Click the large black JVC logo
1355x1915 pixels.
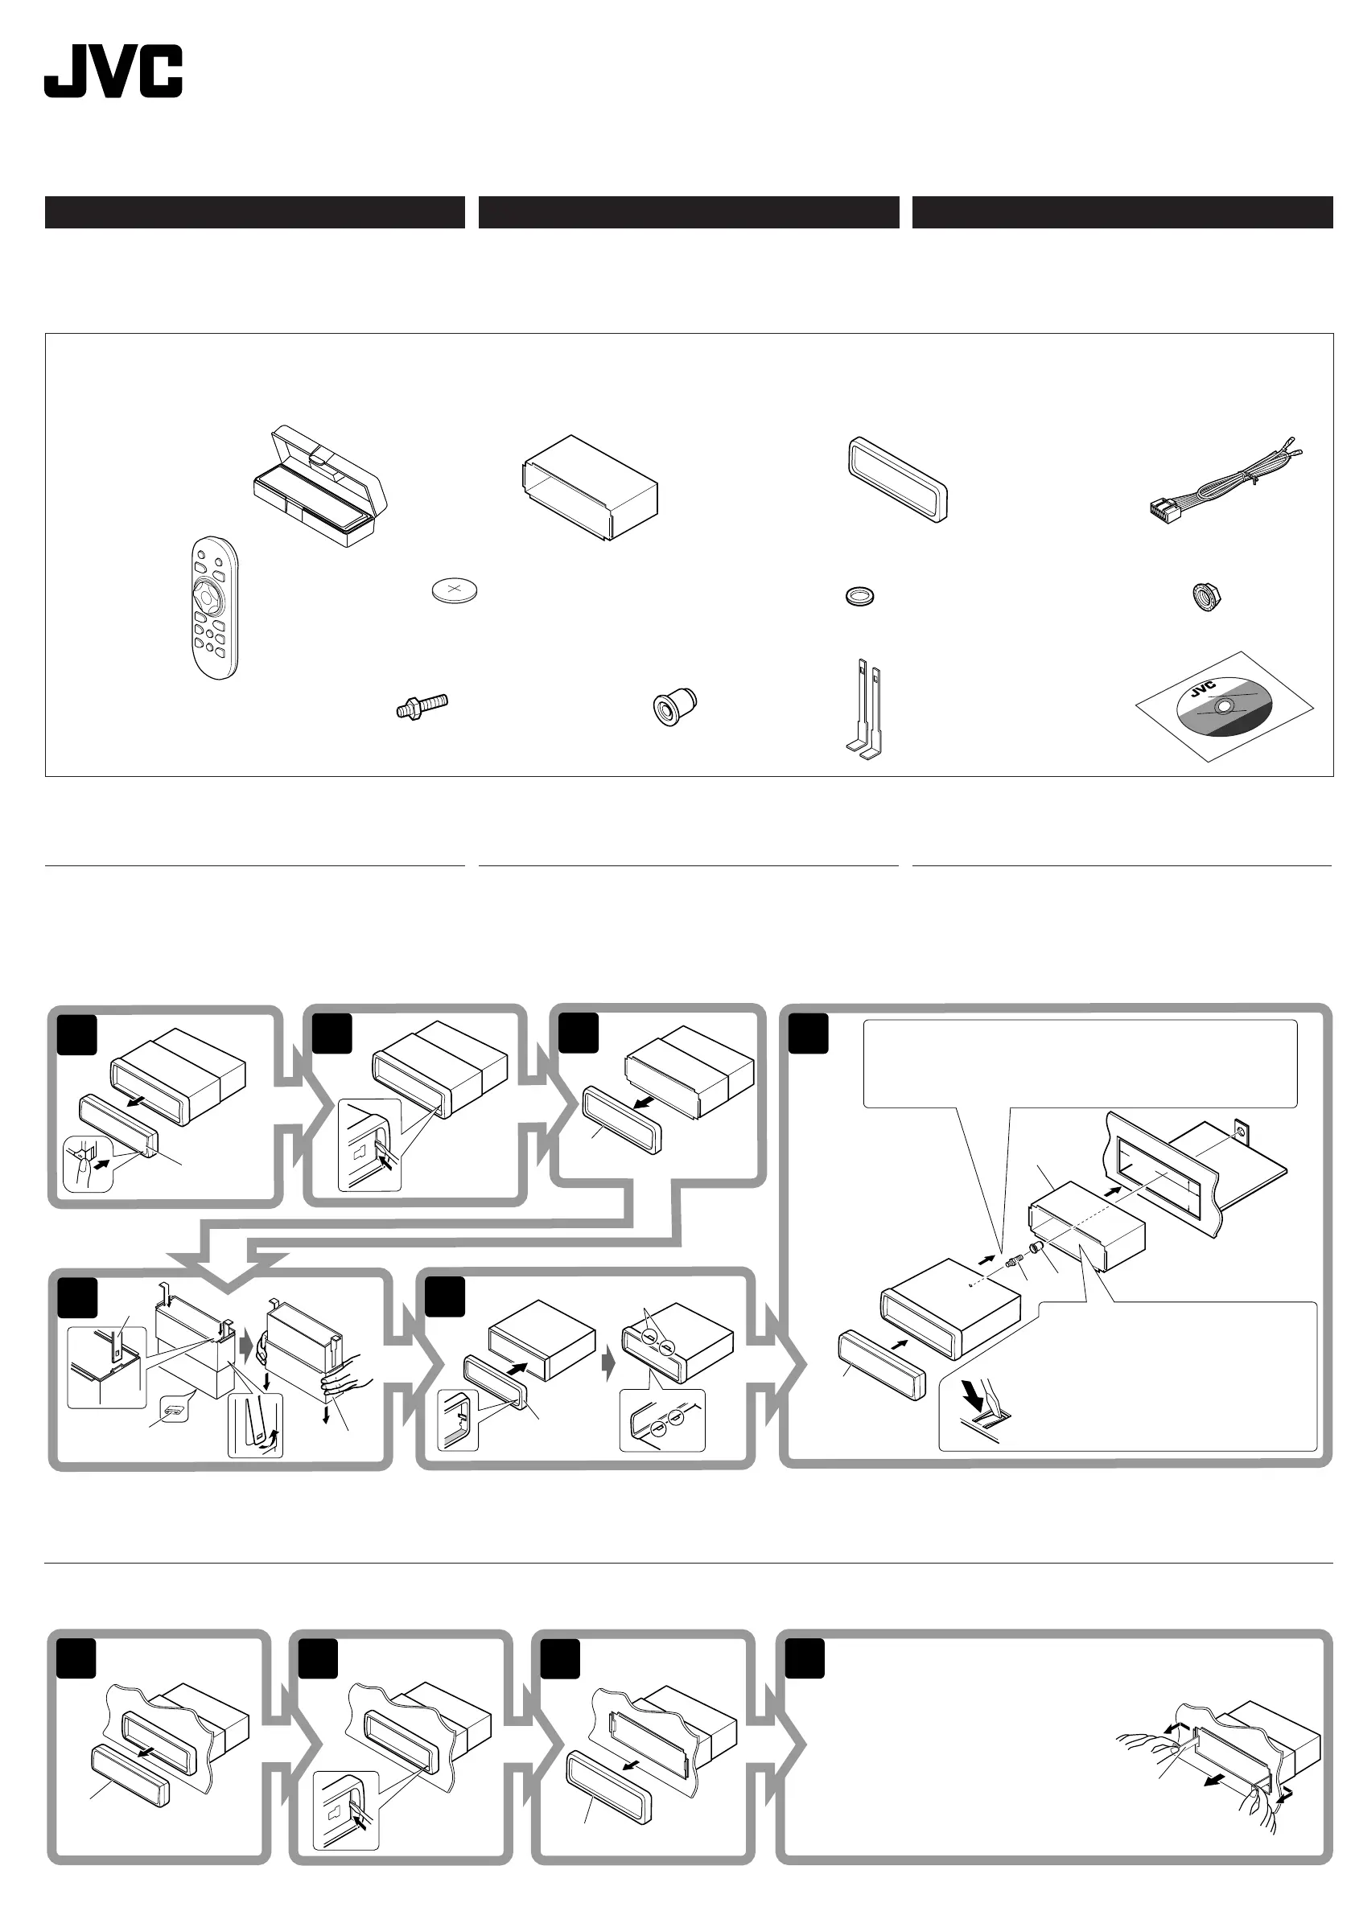coord(113,72)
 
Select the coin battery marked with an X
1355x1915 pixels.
coord(455,591)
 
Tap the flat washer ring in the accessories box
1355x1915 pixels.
coord(859,596)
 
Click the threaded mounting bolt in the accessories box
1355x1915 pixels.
coord(422,706)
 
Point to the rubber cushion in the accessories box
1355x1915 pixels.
coord(673,706)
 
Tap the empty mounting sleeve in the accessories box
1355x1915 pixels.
coord(589,488)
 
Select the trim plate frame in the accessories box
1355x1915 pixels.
coord(898,479)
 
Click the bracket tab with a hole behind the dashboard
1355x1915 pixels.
coord(1244,1132)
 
